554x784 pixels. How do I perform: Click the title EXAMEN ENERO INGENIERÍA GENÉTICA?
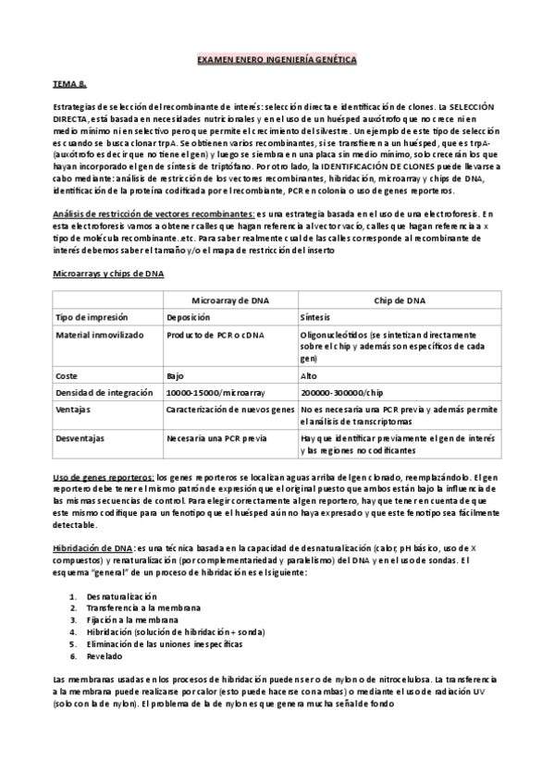tap(277, 60)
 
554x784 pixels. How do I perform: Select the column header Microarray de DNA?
tap(228, 300)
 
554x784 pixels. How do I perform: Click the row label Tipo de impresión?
tap(91, 316)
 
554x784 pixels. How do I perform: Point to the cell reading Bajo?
tap(176, 375)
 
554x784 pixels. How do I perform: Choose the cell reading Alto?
tap(309, 375)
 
